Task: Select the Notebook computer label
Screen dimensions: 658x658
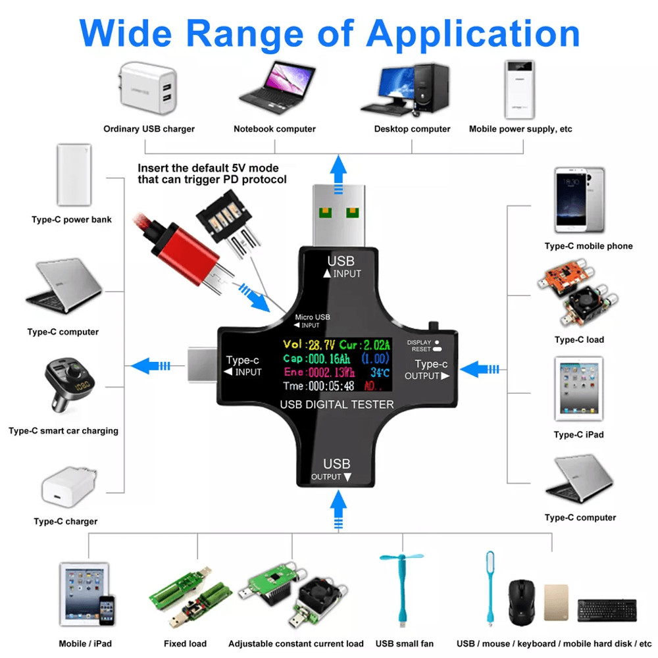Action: click(274, 129)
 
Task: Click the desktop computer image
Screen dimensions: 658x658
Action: click(405, 89)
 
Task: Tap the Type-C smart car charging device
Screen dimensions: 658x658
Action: click(72, 388)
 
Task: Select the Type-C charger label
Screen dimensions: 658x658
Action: click(66, 521)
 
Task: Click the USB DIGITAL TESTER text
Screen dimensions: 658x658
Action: click(336, 404)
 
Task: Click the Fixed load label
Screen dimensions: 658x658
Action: click(185, 643)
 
